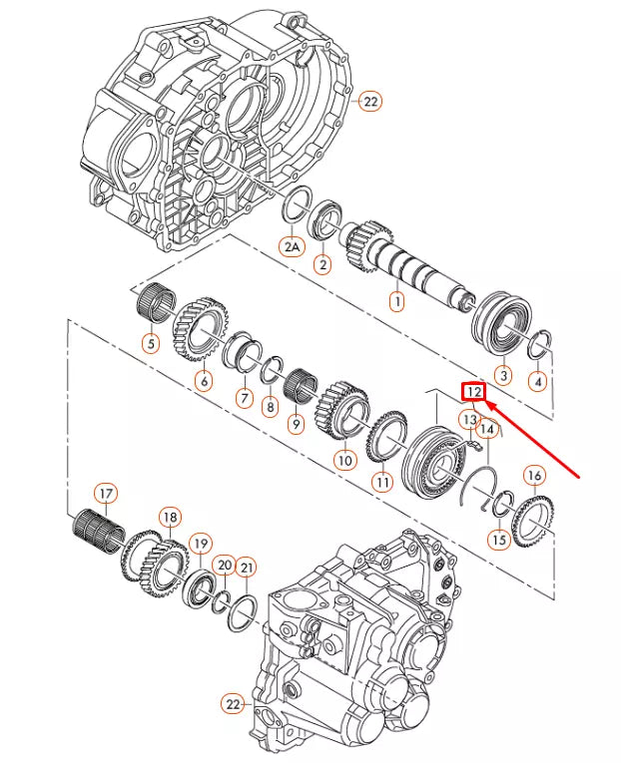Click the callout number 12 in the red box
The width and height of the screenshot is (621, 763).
coord(473,392)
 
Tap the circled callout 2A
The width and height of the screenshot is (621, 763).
coord(291,246)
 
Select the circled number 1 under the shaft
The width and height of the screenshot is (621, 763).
coord(396,299)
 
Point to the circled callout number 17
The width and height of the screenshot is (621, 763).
coord(106,493)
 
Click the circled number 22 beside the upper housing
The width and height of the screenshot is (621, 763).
coord(370,101)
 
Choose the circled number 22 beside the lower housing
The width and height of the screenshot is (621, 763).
coord(234,705)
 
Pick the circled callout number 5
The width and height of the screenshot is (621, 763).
coord(150,345)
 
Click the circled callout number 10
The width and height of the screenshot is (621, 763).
coord(344,460)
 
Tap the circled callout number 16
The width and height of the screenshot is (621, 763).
coord(534,475)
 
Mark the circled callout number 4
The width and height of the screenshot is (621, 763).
coord(537,380)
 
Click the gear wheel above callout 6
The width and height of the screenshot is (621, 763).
coord(205,325)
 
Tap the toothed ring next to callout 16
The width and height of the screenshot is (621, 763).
coord(532,517)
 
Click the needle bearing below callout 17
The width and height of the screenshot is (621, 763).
coord(100,528)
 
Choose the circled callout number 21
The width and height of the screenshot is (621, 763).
coord(246,569)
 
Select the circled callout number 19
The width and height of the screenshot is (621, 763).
coord(201,544)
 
